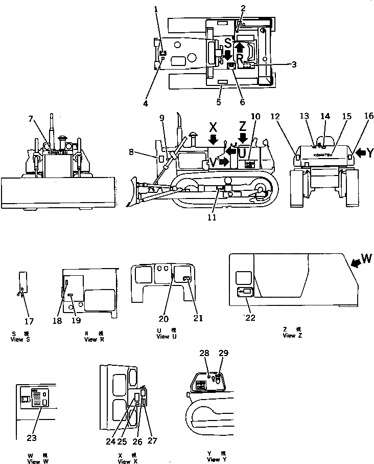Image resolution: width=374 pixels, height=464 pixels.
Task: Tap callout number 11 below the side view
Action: coord(211,217)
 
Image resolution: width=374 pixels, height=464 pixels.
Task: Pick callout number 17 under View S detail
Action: coord(30,321)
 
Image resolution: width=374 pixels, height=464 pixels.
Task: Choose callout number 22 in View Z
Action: coord(250,318)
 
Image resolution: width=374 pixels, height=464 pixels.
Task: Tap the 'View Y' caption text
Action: coord(217,459)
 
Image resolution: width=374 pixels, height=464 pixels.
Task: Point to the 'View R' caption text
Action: coord(94,339)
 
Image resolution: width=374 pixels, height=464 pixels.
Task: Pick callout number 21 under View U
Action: coord(197,318)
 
